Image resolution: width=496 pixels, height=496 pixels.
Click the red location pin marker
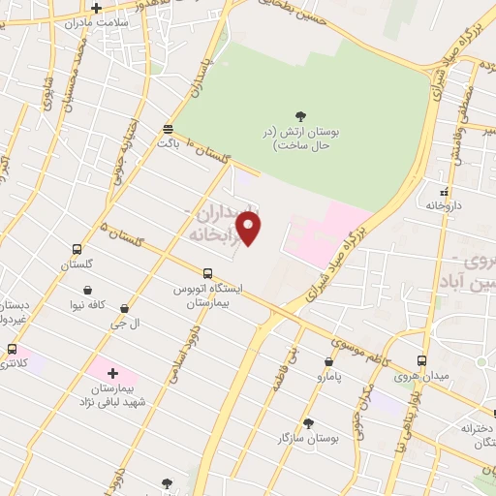(250, 229)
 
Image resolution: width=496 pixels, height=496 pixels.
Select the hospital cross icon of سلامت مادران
(96, 9)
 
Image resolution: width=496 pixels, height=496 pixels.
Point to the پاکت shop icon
(169, 128)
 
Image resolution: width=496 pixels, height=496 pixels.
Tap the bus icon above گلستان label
(77, 249)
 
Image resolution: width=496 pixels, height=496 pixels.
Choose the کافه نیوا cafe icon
(88, 290)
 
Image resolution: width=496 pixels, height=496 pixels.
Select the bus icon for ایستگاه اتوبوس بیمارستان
(207, 273)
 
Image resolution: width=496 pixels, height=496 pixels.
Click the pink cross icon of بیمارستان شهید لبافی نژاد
(112, 373)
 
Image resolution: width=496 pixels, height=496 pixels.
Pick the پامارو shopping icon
(328, 361)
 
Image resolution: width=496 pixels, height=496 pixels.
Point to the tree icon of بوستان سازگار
(309, 423)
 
